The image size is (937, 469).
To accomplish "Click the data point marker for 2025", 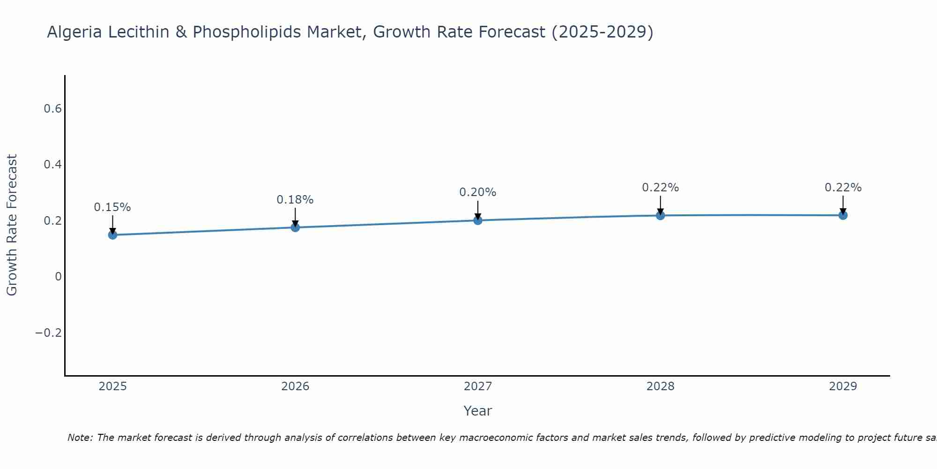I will pyautogui.click(x=112, y=234).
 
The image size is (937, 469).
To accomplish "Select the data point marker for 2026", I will pyautogui.click(x=295, y=227).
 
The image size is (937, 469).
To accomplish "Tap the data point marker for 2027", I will pyautogui.click(x=478, y=220).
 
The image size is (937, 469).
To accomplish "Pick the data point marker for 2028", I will pyautogui.click(x=660, y=215).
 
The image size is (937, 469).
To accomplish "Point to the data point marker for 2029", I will pyautogui.click(x=843, y=215).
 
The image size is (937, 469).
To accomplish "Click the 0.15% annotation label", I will pyautogui.click(x=112, y=207).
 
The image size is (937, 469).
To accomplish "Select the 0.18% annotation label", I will pyautogui.click(x=295, y=200).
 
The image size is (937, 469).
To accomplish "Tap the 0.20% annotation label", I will pyautogui.click(x=478, y=192).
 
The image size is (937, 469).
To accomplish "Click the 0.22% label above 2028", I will pyautogui.click(x=660, y=188).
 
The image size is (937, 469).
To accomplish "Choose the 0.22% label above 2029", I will pyautogui.click(x=843, y=188).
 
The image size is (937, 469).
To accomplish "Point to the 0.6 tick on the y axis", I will pyautogui.click(x=52, y=109).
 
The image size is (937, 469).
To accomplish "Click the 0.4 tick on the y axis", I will pyautogui.click(x=52, y=165).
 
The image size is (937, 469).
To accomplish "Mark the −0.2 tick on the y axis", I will pyautogui.click(x=49, y=333).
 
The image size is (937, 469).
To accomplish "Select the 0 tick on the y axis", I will pyautogui.click(x=58, y=277).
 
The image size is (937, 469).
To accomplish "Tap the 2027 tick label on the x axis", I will pyautogui.click(x=478, y=386).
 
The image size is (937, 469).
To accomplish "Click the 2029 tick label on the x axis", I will pyautogui.click(x=843, y=386).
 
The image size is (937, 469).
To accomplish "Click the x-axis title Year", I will pyautogui.click(x=477, y=411).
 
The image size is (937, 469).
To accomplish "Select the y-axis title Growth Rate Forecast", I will pyautogui.click(x=12, y=225).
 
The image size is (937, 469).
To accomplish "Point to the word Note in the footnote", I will pyautogui.click(x=80, y=438).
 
